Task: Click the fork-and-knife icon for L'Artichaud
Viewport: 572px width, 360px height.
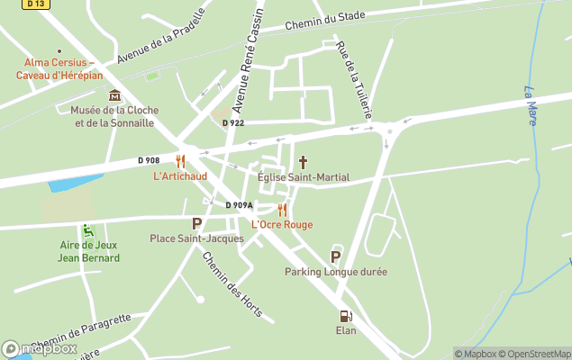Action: [180, 162]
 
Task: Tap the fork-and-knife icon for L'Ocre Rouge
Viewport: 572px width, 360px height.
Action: [282, 211]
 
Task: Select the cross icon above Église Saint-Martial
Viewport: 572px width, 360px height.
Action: [303, 163]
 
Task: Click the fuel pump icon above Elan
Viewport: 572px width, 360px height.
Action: [345, 316]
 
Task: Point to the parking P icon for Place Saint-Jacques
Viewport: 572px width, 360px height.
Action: [196, 224]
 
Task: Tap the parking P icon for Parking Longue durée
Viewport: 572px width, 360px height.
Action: [336, 256]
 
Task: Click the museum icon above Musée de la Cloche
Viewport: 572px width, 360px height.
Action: [114, 95]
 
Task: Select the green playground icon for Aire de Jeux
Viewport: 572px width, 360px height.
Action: [87, 230]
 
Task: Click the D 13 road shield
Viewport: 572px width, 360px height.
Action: [36, 4]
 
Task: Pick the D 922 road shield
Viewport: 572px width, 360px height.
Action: [232, 122]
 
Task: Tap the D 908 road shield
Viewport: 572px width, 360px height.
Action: [149, 160]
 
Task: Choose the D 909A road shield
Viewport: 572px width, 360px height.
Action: [239, 205]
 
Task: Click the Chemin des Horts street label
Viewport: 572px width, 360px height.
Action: [232, 283]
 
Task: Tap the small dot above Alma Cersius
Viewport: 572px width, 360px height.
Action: [59, 51]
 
